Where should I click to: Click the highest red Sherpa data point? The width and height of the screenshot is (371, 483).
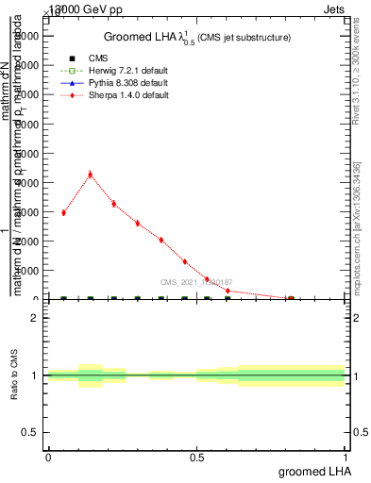pos(90,174)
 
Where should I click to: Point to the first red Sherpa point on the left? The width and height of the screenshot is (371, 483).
pos(63,212)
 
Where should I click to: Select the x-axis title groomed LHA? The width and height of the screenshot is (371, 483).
pos(312,470)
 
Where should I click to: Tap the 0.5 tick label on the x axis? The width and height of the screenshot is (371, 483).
pos(196,457)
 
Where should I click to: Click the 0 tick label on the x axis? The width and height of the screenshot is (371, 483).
pos(48,457)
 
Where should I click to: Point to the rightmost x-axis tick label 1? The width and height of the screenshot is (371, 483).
pos(346,457)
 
